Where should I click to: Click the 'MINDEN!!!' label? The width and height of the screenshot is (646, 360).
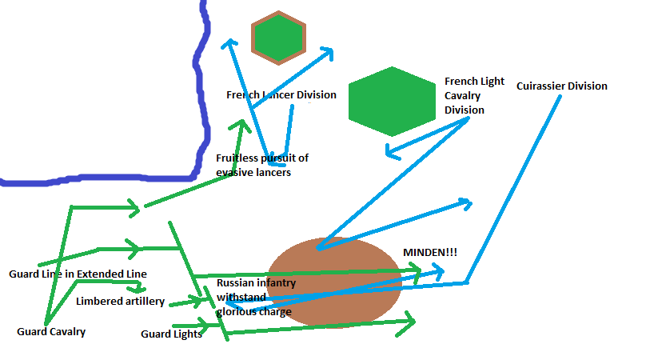[x=430, y=253]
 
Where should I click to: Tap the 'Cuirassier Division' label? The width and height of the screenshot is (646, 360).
[x=561, y=86]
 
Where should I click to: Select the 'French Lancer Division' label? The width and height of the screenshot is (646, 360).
[x=281, y=95]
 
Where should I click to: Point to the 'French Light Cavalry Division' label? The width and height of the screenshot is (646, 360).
[x=474, y=96]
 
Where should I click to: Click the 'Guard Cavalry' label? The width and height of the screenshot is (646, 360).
[x=51, y=331]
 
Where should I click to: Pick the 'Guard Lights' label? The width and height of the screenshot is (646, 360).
[x=171, y=334]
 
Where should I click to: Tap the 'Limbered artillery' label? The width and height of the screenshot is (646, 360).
[x=120, y=302]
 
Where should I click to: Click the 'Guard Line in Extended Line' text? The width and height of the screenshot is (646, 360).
[x=78, y=274]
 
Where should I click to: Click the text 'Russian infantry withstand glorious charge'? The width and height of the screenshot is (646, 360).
[x=256, y=297]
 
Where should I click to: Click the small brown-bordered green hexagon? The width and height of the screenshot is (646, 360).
[x=277, y=37]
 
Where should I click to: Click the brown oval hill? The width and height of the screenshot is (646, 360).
[x=334, y=282]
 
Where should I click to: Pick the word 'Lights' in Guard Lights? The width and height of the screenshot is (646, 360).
[x=186, y=334]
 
